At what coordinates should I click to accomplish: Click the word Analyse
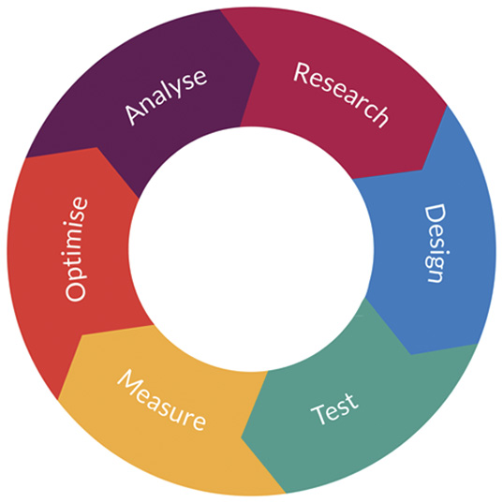coord(166,96)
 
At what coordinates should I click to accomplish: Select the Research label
coord(341,95)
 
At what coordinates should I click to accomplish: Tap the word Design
coord(436,244)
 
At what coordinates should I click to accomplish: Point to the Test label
coord(334,408)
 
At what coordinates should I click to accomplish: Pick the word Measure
coord(161,400)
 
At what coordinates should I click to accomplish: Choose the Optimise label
coord(76,249)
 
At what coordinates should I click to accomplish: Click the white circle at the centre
coord(251,249)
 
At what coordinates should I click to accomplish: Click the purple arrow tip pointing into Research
coord(259,63)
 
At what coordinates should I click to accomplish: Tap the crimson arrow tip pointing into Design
coord(422,170)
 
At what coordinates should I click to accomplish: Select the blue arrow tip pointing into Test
coord(411,354)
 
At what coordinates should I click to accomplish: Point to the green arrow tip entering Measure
coord(242,438)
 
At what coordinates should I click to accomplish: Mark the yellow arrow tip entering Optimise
coord(82,335)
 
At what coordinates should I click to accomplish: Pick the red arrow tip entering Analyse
coord(96,148)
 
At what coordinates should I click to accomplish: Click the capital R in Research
coord(302,72)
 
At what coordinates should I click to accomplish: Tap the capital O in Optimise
coord(76,291)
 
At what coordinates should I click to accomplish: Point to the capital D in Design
coord(436,215)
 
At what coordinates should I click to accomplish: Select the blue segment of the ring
coord(436,257)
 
